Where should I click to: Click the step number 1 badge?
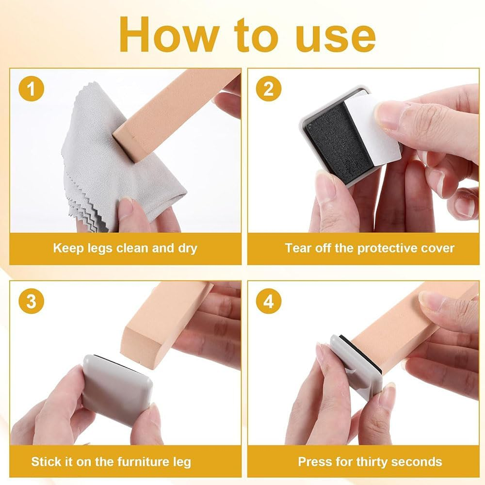(x=32, y=89)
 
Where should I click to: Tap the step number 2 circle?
(x=269, y=89)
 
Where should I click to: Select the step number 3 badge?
(x=32, y=301)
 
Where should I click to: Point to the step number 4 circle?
(x=269, y=301)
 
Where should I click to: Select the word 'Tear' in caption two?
(x=297, y=248)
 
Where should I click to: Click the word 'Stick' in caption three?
(x=45, y=461)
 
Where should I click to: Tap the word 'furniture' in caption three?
(x=143, y=461)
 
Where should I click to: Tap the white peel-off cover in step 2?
(x=373, y=131)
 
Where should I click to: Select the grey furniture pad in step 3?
(x=116, y=388)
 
